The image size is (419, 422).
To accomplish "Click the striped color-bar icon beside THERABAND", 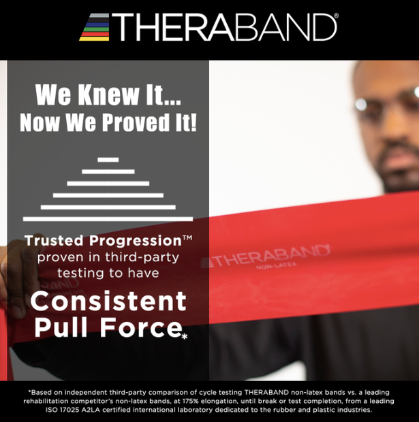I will (x=94, y=27).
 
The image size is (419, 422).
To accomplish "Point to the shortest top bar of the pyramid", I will (x=108, y=159).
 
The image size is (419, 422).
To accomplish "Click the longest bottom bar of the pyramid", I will (x=108, y=218).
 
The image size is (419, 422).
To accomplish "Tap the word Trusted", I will (x=56, y=240).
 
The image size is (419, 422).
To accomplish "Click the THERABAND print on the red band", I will (x=266, y=256).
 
